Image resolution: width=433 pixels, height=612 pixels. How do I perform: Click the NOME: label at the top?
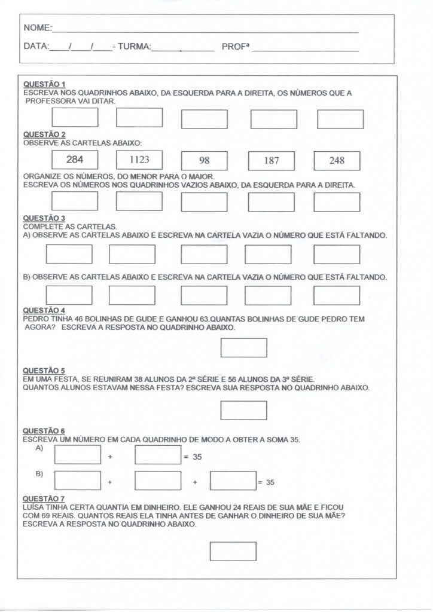37,28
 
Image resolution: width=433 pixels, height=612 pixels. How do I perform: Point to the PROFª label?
235,46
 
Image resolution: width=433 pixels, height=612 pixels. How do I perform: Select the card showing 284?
75,160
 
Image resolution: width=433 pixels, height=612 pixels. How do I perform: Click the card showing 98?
205,161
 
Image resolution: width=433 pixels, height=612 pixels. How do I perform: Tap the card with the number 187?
271,161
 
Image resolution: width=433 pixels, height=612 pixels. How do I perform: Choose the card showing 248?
337,161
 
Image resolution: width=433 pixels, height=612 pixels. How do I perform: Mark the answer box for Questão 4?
243,348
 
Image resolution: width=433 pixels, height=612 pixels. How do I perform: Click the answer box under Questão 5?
243,410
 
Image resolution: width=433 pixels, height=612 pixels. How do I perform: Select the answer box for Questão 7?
233,551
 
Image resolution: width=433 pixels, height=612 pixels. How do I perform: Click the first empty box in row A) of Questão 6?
78,455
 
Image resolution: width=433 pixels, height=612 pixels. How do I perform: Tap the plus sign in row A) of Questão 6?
110,457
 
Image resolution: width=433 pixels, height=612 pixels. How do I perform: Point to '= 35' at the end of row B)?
266,482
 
